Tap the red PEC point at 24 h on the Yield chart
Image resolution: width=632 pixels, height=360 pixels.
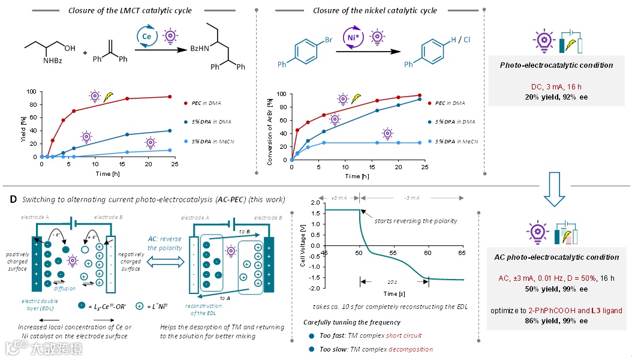170,97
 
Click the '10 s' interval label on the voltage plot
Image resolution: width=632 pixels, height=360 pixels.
392,282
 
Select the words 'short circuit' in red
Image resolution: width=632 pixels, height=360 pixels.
404,336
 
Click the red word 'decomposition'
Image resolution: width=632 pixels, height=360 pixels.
411,349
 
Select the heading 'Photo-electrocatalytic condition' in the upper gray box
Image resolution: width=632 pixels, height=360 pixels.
556,65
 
